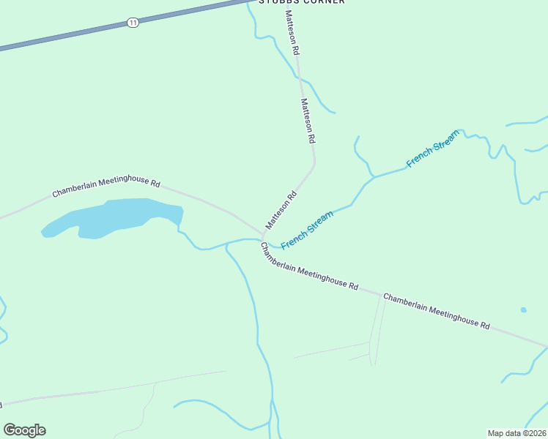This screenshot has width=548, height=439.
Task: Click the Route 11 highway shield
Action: (132, 23)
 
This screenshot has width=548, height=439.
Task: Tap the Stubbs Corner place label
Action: (301, 1)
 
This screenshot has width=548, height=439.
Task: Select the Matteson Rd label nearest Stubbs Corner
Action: (291, 34)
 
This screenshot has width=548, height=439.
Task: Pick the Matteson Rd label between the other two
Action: (308, 121)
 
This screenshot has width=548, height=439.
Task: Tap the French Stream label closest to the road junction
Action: (307, 229)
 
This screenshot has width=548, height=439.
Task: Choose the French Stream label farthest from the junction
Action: (433, 149)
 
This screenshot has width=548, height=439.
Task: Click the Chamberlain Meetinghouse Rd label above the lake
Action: (106, 187)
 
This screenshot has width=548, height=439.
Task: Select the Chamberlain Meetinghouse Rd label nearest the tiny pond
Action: (436, 311)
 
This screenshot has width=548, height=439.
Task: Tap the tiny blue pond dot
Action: (523, 309)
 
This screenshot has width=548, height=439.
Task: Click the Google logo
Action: (24, 430)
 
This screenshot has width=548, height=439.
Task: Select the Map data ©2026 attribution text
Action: (516, 432)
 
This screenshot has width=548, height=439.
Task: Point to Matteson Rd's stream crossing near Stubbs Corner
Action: (298, 75)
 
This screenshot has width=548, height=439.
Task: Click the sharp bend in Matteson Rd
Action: (314, 162)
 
